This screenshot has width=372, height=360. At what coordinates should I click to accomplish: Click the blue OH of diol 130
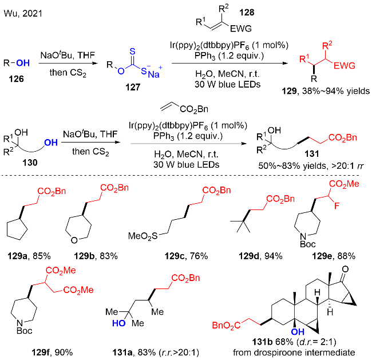(x=51, y=144)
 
